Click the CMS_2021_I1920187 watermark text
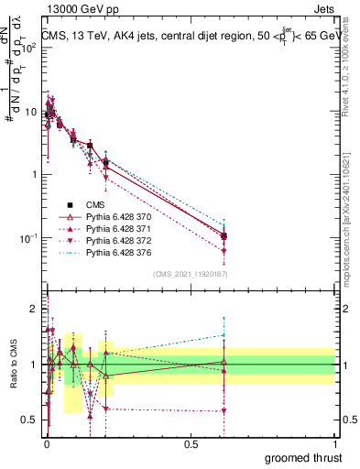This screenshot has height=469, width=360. (x=190, y=274)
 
